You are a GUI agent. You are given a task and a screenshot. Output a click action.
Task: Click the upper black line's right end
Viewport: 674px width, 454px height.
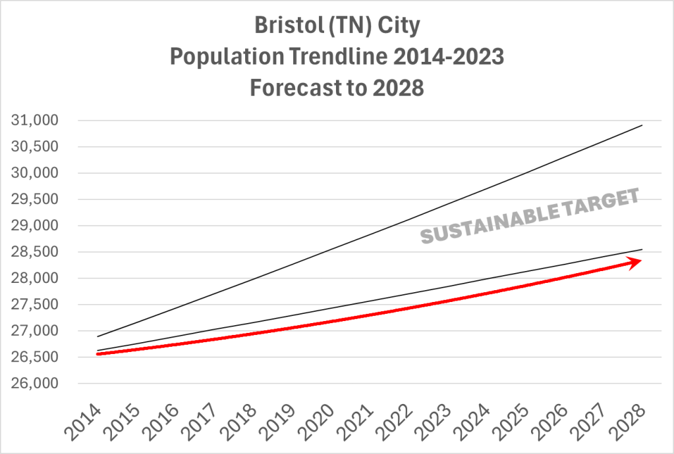pyautogui.click(x=642, y=125)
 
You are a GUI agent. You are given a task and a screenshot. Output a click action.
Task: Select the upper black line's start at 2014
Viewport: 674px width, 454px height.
pyautogui.click(x=98, y=336)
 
